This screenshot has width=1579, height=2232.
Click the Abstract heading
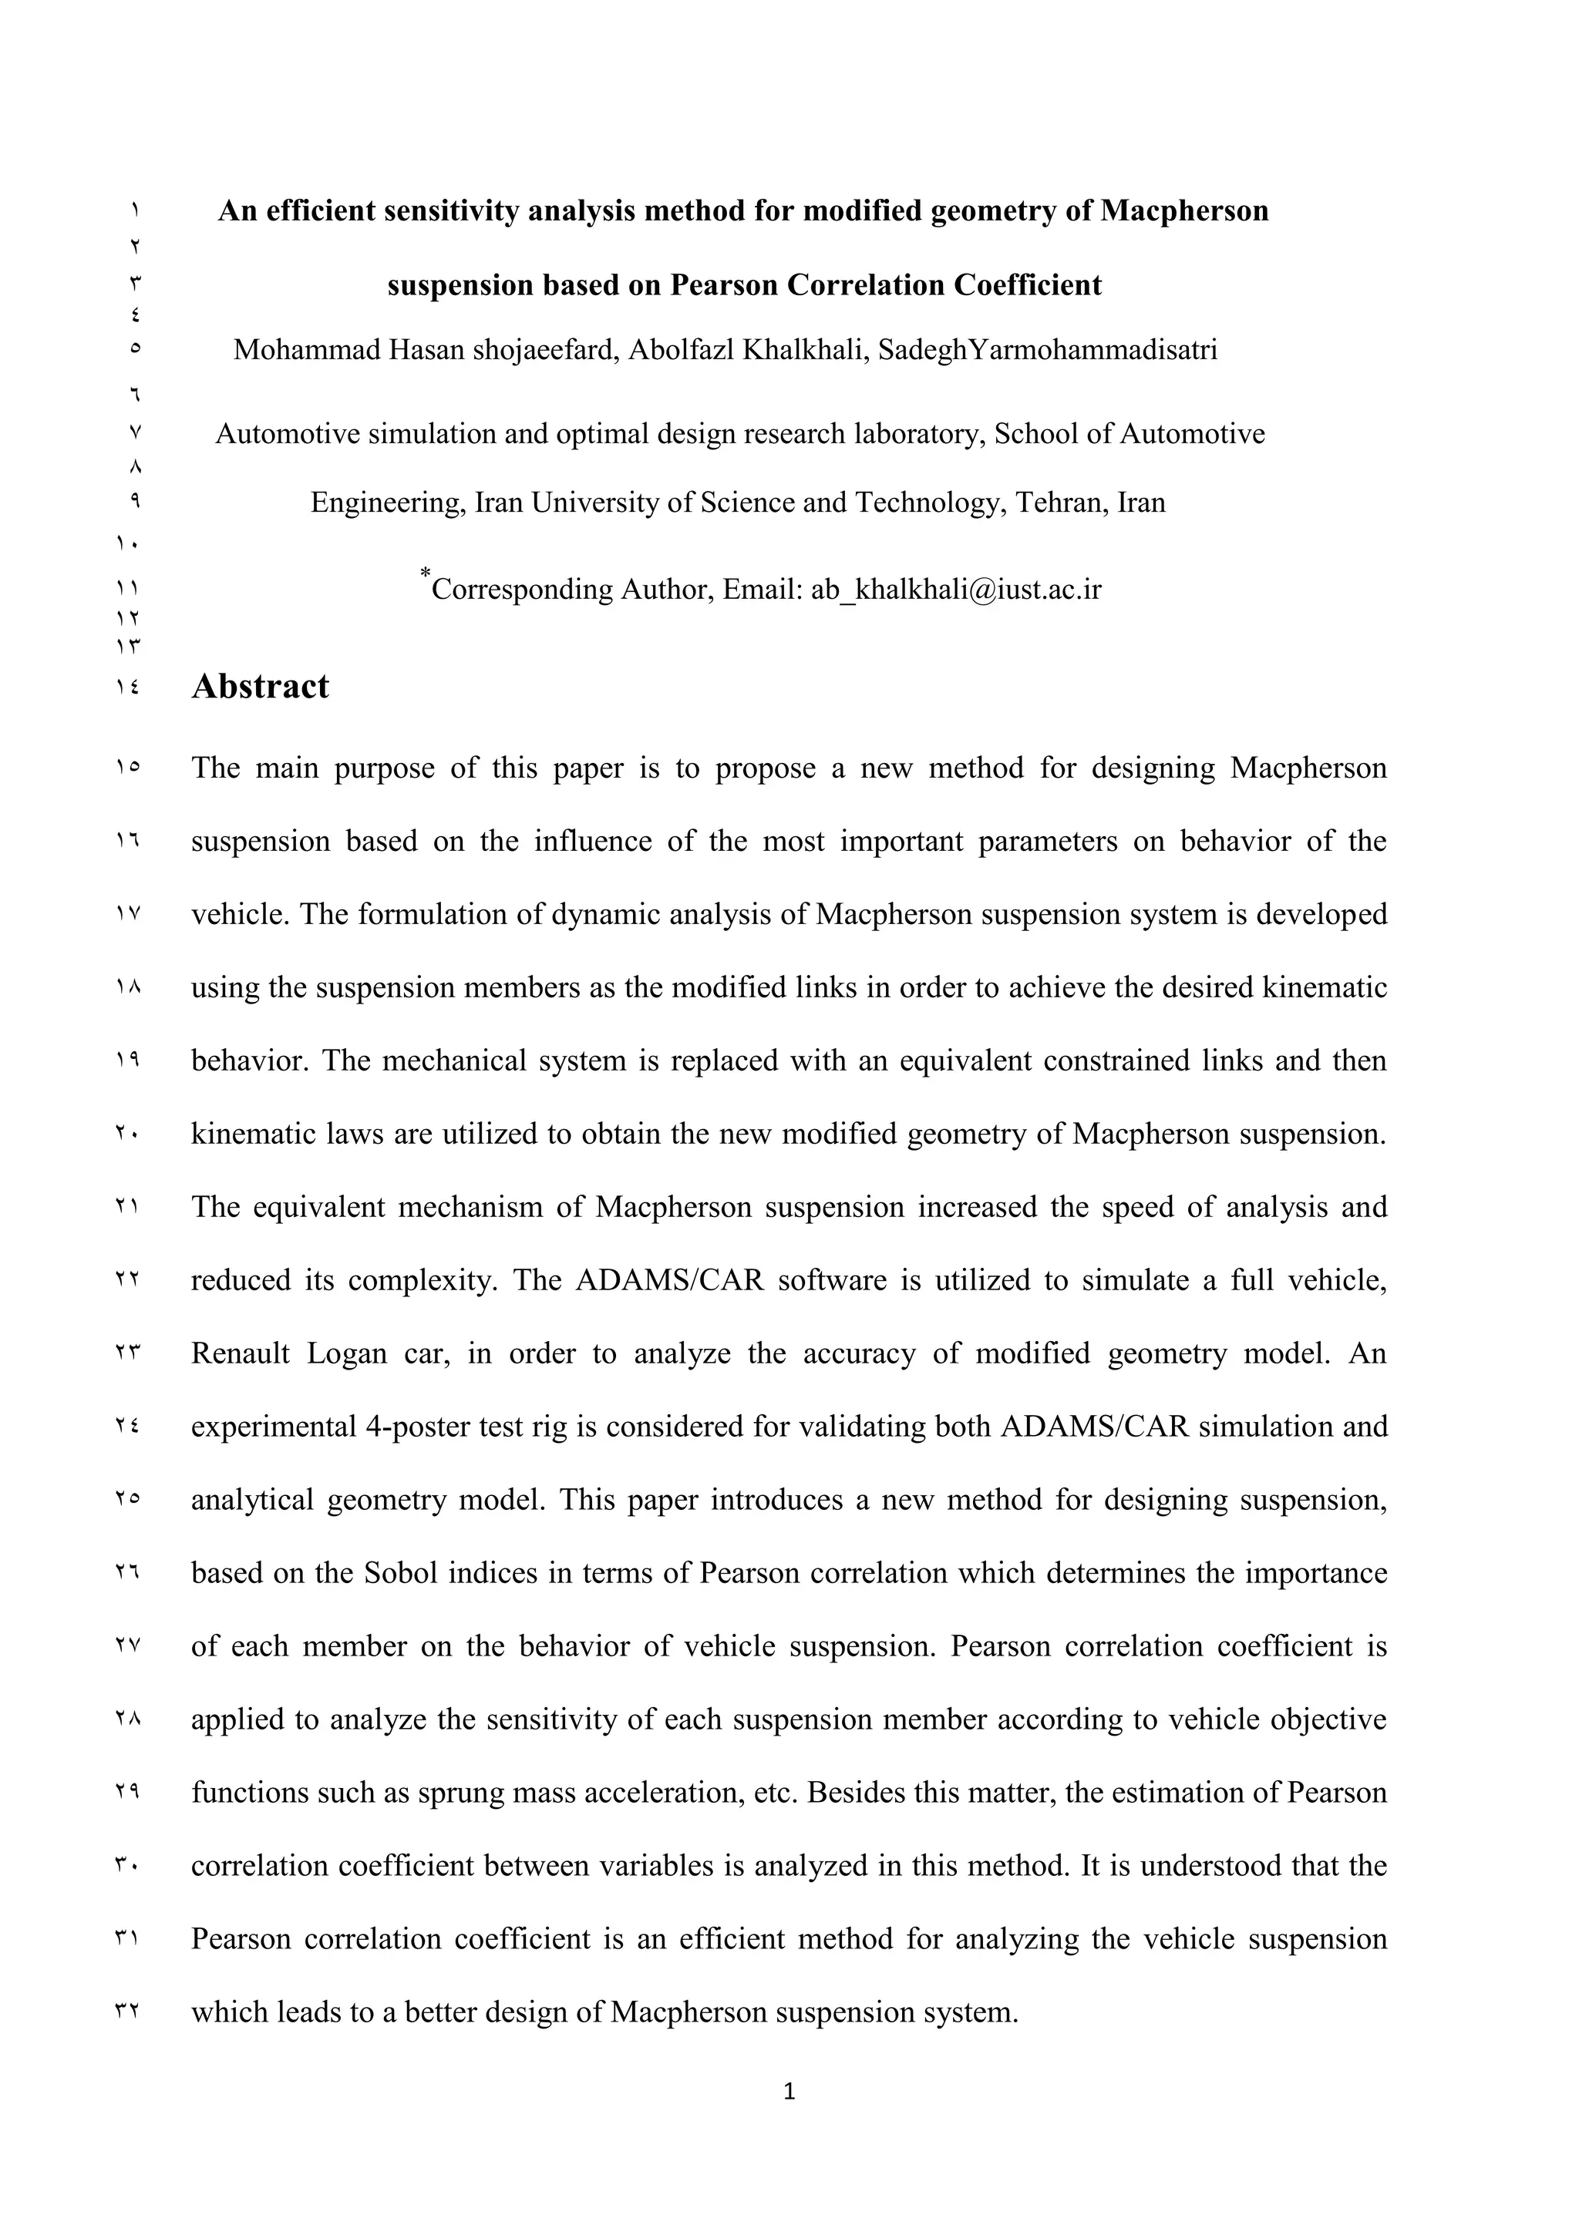[260, 686]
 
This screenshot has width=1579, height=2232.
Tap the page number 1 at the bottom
[789, 2090]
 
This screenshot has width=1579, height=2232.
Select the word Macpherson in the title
[1183, 211]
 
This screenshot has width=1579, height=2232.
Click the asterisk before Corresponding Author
[425, 573]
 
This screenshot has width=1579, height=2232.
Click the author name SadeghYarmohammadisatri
[1047, 350]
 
